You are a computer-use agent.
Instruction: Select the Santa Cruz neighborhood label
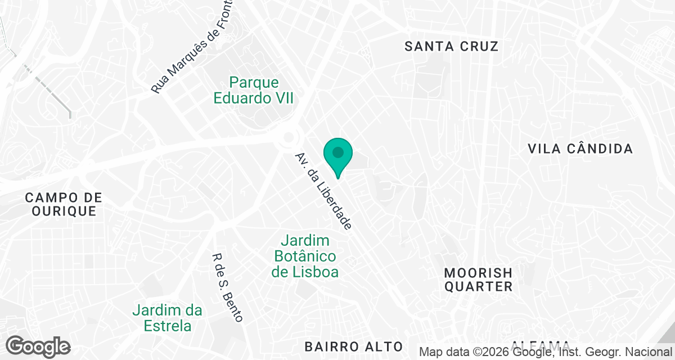452,46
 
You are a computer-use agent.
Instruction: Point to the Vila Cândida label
580,149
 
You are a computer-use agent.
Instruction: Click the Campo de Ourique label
64,205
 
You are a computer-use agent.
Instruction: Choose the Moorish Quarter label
478,280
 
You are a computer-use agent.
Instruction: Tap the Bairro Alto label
354,346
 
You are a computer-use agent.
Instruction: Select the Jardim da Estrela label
168,318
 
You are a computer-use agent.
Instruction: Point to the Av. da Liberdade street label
323,191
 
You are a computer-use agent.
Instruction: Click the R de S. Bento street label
227,287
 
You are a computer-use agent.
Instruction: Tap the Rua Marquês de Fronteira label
192,54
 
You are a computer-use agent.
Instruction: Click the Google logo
38,346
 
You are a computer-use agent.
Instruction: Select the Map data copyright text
546,352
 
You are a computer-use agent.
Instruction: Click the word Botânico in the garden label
305,256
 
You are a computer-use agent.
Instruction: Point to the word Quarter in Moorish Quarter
478,287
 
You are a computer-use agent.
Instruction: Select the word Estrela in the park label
168,326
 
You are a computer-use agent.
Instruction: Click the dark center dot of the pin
337,152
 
